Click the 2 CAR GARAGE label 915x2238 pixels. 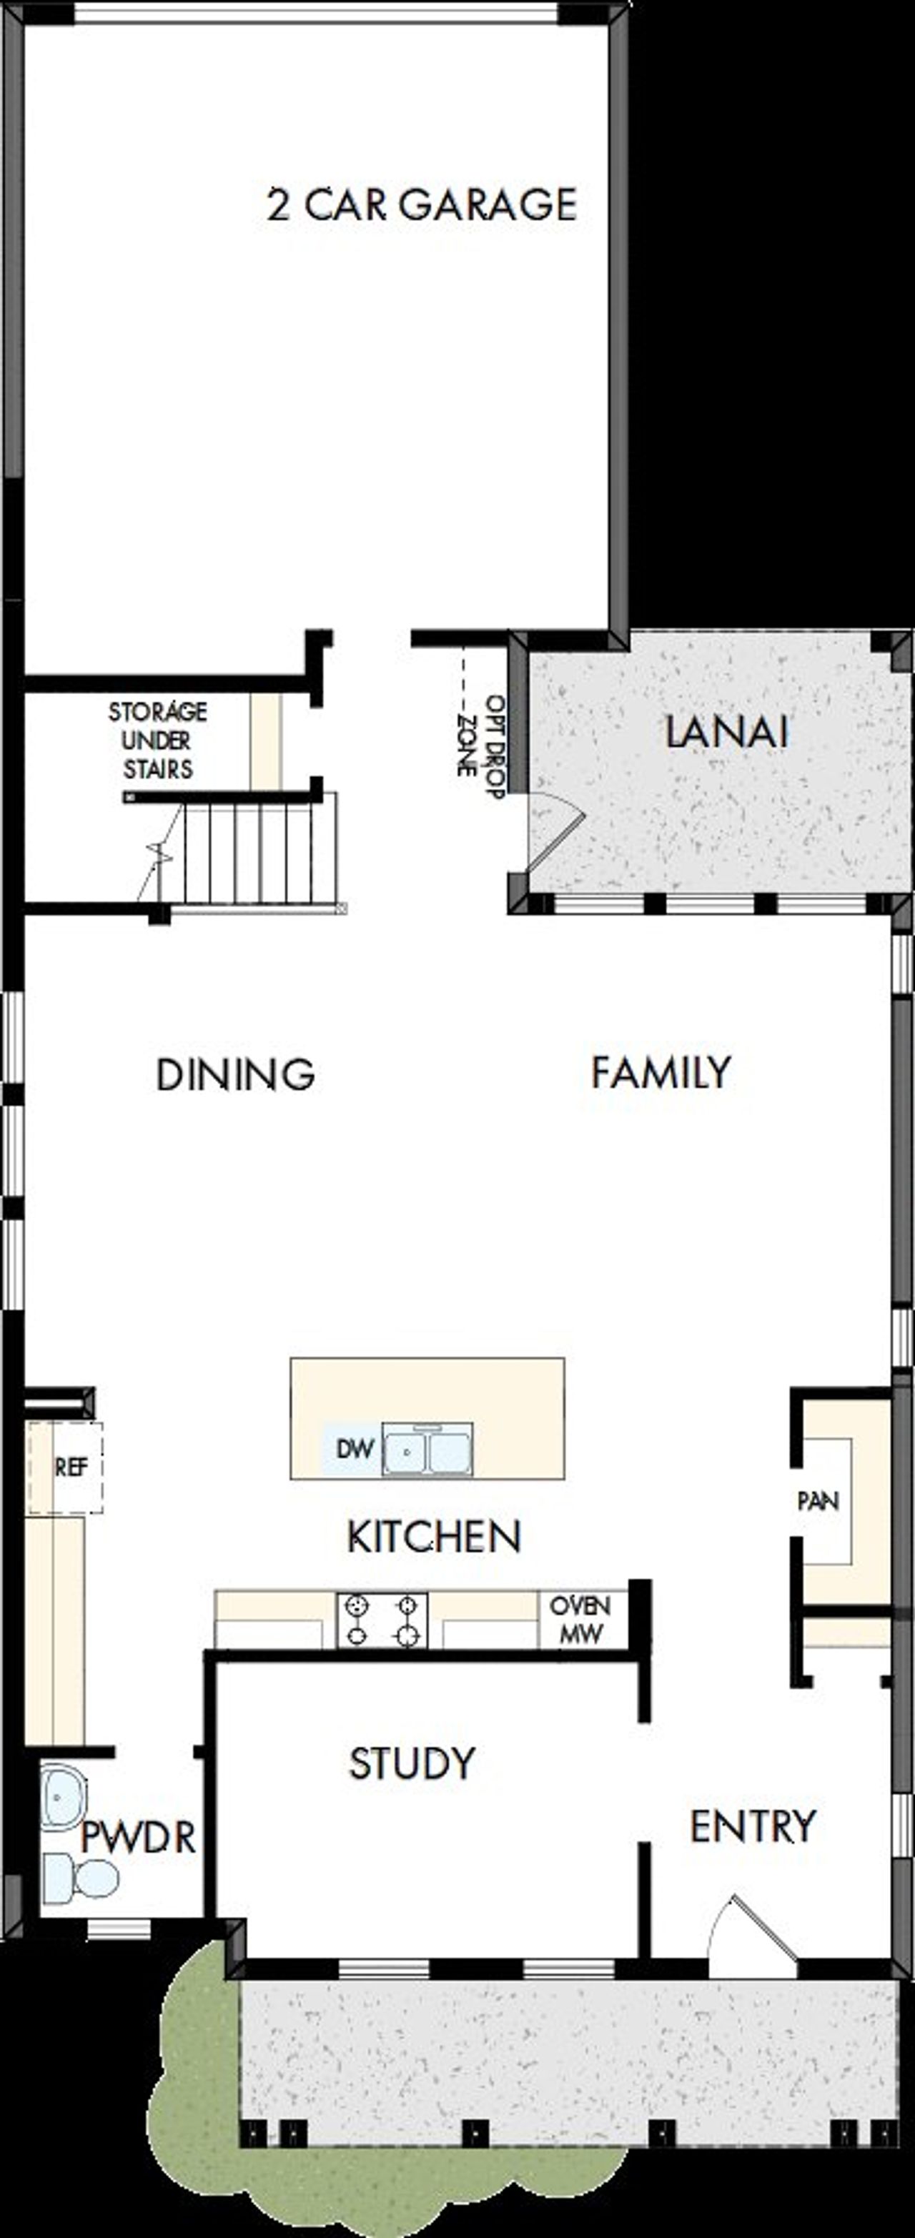[x=422, y=205]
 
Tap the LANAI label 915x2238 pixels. [x=726, y=731]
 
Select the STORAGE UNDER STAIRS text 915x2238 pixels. [x=157, y=741]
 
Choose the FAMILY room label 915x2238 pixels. [x=661, y=1072]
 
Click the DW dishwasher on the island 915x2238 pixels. [x=354, y=1449]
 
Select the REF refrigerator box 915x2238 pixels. [x=69, y=1467]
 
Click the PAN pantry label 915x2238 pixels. [x=818, y=1500]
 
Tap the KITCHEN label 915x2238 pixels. [x=434, y=1537]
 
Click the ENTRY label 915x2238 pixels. [x=753, y=1826]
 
